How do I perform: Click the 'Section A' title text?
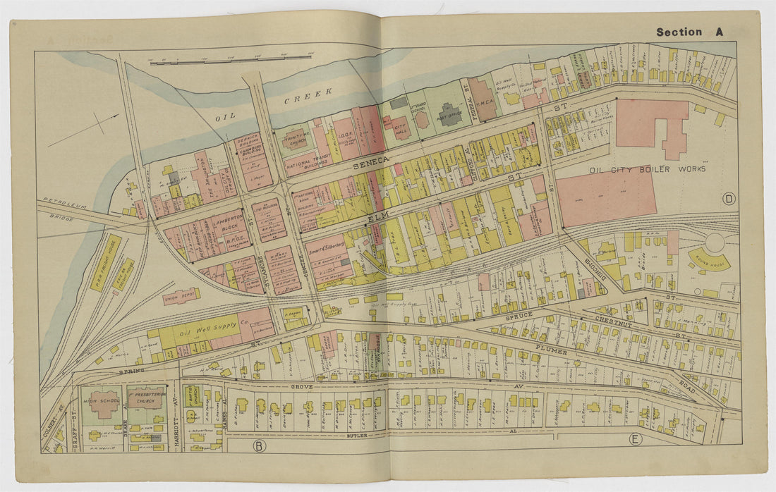coord(689,32)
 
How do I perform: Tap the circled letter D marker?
coord(729,199)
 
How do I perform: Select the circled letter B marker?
coord(259,445)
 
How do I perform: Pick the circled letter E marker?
coord(636,440)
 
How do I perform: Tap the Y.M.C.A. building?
coord(484,101)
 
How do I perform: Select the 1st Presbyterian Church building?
coord(147,399)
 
